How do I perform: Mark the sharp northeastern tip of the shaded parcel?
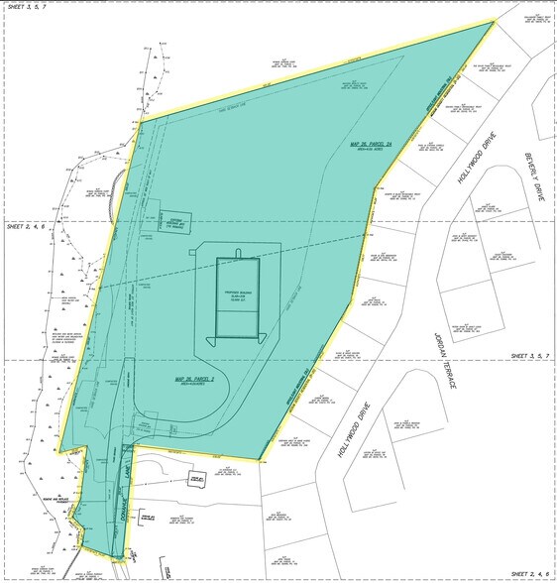coord(493,21)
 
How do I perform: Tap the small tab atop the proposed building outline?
coord(238,251)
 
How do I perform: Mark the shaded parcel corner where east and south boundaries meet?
coord(262,461)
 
